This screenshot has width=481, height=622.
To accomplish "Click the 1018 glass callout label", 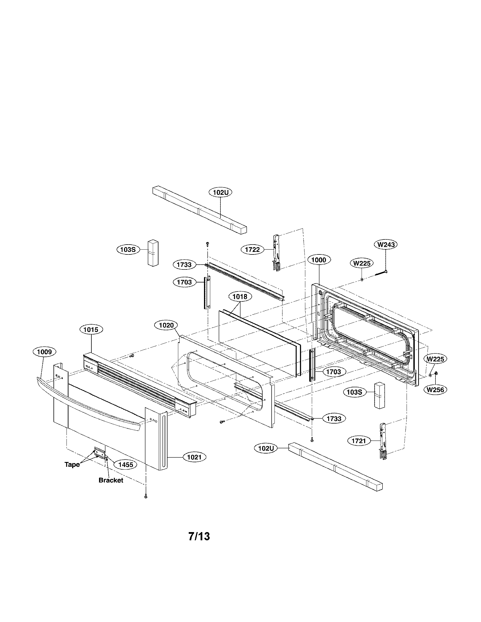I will [240, 297].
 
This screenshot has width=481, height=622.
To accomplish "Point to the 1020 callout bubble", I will [166, 325].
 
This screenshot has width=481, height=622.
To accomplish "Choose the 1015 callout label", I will [91, 329].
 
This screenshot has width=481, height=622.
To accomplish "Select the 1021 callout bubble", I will [194, 457].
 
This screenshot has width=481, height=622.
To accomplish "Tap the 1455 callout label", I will [126, 465].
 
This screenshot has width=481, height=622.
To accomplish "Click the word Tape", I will [72, 465].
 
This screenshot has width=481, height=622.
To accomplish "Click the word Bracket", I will [111, 480].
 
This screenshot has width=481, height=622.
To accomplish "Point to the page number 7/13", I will [199, 536].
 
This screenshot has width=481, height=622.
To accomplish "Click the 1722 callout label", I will [252, 250].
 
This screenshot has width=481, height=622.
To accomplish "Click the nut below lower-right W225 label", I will [436, 373].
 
